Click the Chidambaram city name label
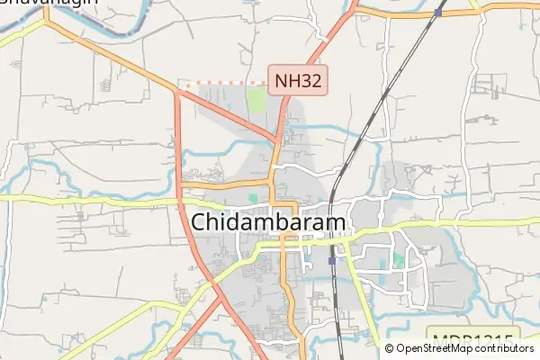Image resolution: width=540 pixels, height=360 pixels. pos(269,222)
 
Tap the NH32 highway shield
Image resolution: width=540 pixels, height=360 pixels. pos(298,79)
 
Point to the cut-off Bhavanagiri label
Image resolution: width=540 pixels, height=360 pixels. pos(49,4)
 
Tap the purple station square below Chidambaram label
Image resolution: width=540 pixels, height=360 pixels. pos(332,259)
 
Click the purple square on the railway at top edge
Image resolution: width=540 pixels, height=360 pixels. pos(437,13)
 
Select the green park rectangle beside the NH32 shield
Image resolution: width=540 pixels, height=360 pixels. pos(257,99)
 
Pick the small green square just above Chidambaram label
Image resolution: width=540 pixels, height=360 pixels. pos(253,197)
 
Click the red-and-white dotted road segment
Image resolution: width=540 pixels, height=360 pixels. pos(225,82)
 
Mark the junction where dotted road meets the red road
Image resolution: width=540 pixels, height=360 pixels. pos(178,86)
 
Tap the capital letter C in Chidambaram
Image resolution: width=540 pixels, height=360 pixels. pos(202,222)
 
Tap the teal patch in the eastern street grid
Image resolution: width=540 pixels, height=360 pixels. pos(398,260)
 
